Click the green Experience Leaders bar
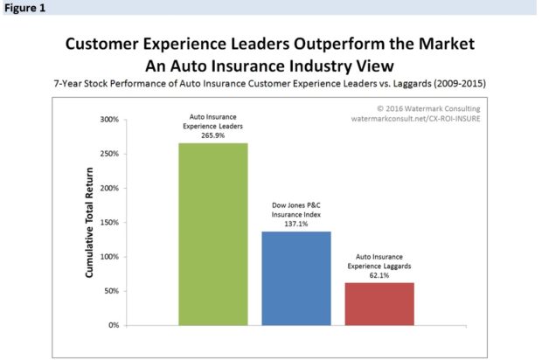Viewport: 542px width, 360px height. pos(213,234)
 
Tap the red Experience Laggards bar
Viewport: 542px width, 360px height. pos(379,303)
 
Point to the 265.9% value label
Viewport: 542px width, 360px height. pos(213,135)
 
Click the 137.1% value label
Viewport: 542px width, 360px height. pos(296,224)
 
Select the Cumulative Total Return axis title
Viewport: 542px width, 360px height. pos(89,222)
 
